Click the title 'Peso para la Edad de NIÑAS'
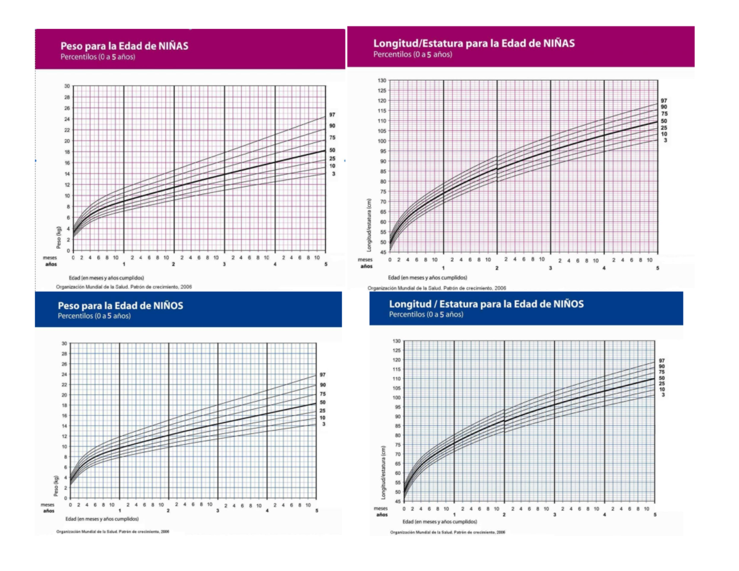coord(124,46)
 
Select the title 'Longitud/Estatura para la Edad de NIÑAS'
coord(474,43)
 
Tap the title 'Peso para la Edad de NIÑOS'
coord(120,306)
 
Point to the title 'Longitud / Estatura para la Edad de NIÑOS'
coord(487,304)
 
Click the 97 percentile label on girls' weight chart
coord(332,115)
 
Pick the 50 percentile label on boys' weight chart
coord(323,402)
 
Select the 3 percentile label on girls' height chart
coord(665,141)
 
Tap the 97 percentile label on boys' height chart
coord(663,360)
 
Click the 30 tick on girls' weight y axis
coord(66,86)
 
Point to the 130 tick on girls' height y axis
coord(382,81)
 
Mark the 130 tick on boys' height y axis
coord(397,341)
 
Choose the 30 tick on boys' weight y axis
coord(64,342)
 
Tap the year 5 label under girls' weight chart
coord(325,264)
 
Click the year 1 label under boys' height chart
coord(454,515)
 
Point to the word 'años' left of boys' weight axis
coord(49,511)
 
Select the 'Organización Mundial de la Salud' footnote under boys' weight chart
coord(113,531)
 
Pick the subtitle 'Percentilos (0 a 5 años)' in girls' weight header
coord(97,57)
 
